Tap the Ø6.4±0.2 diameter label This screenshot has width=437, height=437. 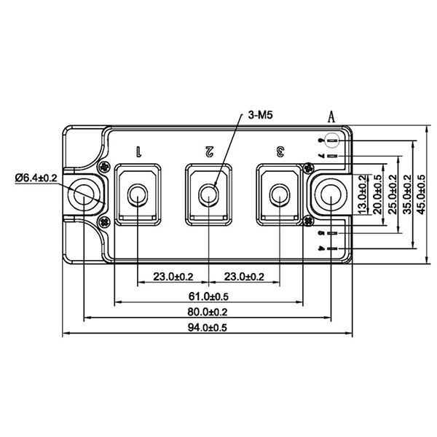point(36,177)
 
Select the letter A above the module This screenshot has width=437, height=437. point(331,117)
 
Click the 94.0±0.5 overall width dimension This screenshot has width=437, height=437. point(208,328)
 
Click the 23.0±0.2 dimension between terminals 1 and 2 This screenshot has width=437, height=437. point(173,277)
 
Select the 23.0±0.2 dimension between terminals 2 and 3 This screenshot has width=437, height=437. point(244,277)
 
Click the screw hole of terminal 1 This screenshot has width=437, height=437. point(137,194)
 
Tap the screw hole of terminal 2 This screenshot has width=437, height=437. point(208,194)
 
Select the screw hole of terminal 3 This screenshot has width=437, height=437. point(280,194)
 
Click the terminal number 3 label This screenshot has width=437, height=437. point(280,151)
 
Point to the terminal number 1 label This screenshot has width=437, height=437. point(138,151)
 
